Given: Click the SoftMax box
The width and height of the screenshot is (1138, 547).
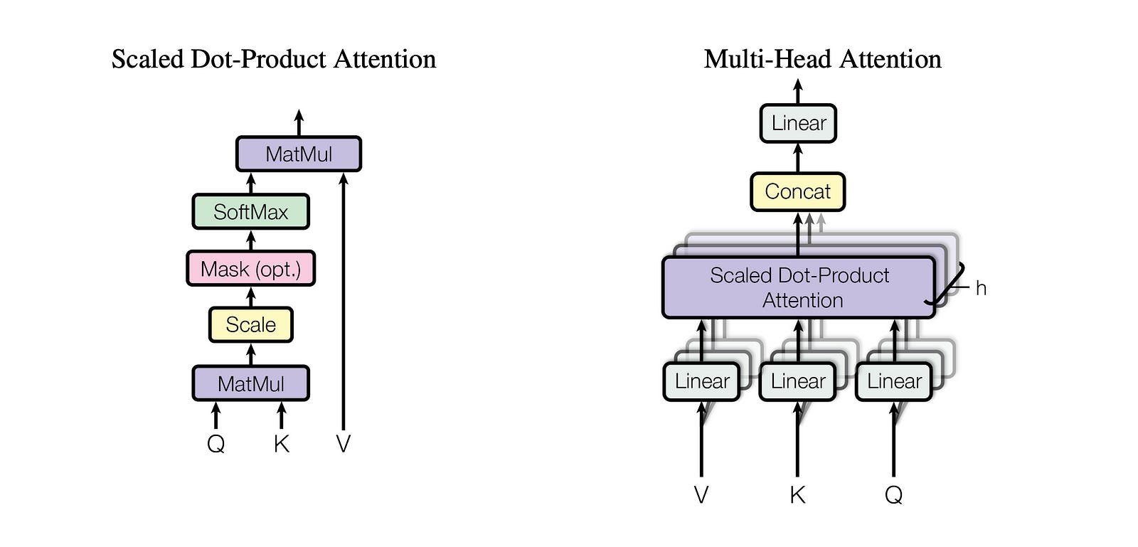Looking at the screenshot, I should click(x=250, y=212).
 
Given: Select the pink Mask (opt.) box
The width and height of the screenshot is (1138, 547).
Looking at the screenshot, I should click(x=250, y=269).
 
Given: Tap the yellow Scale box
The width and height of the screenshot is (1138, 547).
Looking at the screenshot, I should click(x=250, y=325).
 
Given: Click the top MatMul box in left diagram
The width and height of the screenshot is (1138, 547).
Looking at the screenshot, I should click(x=299, y=154).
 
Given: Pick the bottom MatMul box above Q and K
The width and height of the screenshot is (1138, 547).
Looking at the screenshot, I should click(x=250, y=383).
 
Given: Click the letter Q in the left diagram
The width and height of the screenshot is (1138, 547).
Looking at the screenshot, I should click(x=216, y=444).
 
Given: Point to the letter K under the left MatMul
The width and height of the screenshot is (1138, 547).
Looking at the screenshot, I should click(x=282, y=444).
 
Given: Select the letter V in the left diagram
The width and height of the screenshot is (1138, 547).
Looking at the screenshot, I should click(x=343, y=444).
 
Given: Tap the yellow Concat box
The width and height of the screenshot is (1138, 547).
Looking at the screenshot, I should click(x=797, y=191).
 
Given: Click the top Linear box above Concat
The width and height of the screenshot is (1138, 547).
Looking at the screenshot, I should click(x=798, y=123).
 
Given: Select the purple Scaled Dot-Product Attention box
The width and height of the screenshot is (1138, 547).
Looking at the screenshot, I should click(x=798, y=287).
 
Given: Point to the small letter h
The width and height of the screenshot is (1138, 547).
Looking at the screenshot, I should click(x=981, y=288).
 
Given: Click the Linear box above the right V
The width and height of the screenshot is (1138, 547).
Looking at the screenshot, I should click(x=701, y=381).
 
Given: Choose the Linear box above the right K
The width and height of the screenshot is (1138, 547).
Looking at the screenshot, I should click(x=797, y=381).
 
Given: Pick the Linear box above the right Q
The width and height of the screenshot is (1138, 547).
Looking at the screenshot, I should click(x=893, y=381).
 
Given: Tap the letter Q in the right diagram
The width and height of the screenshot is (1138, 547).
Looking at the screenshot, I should click(x=893, y=494).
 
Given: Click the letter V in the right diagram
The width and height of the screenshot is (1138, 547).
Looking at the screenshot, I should click(x=701, y=494).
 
